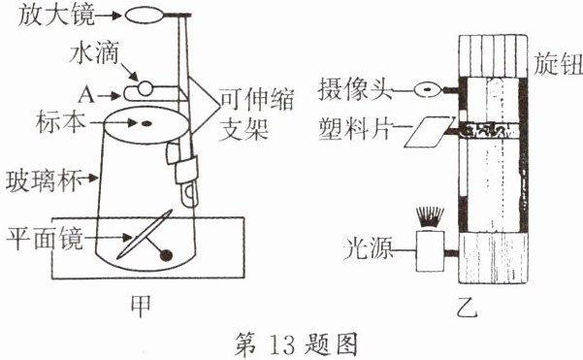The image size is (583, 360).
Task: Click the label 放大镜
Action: tap(56, 16)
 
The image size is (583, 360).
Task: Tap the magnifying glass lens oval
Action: tap(145, 16)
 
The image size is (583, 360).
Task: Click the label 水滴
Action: tap(94, 52)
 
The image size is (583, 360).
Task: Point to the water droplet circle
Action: tap(145, 88)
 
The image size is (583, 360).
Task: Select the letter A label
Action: tap(86, 95)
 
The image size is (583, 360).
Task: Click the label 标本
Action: tap(60, 122)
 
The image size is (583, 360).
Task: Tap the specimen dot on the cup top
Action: tap(146, 123)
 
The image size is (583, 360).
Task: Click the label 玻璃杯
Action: tap(44, 181)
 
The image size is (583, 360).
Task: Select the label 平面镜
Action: tap(45, 239)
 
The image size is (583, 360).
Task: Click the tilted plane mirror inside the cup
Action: tap(145, 234)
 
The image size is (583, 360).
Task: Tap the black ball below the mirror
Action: tap(166, 255)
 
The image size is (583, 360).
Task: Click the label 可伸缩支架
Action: tap(256, 115)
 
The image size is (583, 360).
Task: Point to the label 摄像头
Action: tap(355, 89)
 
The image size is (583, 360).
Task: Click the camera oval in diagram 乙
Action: tap(428, 89)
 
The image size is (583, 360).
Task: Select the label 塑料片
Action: tap(355, 129)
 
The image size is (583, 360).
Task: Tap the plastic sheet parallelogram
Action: tap(430, 132)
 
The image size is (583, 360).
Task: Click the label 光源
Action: tap(368, 248)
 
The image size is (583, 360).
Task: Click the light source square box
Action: tap(430, 251)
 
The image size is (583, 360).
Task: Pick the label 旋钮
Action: tap(558, 64)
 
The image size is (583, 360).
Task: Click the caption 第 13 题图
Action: tap(296, 344)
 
